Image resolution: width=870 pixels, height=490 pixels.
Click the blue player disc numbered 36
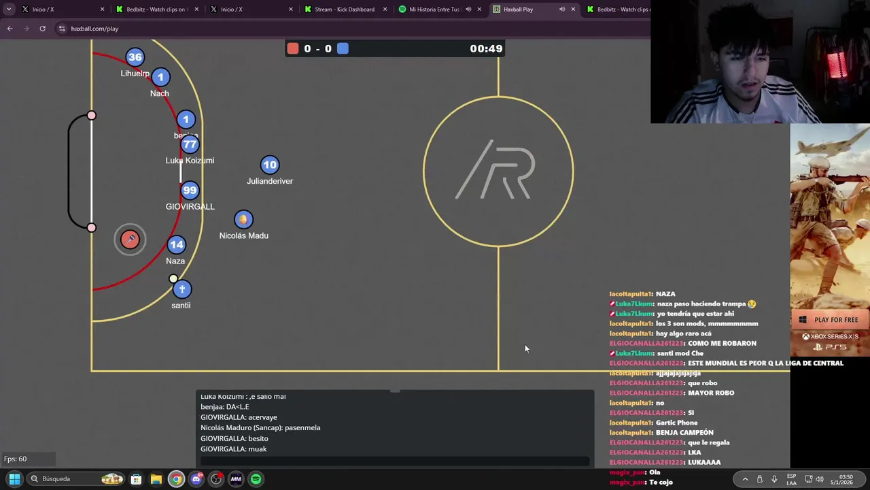[135, 57]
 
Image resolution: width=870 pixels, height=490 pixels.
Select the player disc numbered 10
[270, 165]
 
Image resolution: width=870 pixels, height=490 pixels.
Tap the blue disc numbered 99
[190, 191]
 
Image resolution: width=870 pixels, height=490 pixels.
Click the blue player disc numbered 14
[176, 244]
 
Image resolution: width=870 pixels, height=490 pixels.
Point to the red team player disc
[130, 239]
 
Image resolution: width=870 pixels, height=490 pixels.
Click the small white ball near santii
[173, 278]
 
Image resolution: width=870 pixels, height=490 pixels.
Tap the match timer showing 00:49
[486, 48]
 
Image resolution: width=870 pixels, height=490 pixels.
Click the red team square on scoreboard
[293, 48]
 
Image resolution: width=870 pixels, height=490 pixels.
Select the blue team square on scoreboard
[343, 48]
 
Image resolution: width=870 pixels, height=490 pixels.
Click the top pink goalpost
[92, 116]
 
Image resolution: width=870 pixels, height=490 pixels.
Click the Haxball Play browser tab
[519, 10]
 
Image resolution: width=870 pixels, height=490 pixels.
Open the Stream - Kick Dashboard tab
[345, 10]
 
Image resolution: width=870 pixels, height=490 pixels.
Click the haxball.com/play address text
[94, 29]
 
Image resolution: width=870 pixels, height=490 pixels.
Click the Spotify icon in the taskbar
[256, 479]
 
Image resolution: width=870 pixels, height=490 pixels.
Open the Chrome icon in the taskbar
[176, 479]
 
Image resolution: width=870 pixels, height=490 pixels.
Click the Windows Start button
[14, 479]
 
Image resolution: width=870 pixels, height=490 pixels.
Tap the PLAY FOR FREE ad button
[831, 320]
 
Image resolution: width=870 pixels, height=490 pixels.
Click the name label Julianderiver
[270, 181]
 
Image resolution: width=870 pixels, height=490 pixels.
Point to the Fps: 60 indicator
[16, 459]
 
